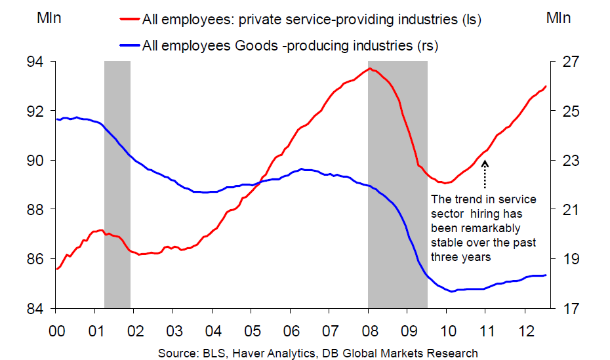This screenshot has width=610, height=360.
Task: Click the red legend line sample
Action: coord(130,20)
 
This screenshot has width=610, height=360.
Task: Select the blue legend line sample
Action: coord(130,45)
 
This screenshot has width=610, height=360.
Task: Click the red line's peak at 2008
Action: coord(371,68)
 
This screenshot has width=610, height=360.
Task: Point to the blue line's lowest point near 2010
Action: coord(453,291)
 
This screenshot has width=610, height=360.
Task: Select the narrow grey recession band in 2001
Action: coord(117,184)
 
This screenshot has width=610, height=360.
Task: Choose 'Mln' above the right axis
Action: coord(559,18)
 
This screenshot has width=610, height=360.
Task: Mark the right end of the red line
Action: coord(546,87)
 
